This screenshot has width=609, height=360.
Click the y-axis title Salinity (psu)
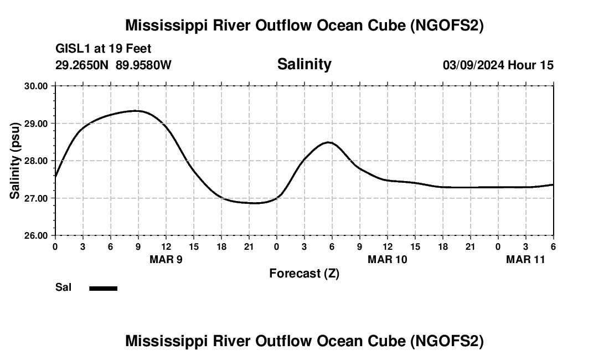(x=15, y=161)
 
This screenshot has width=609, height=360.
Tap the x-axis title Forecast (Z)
(x=304, y=273)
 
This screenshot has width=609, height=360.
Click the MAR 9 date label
(x=166, y=260)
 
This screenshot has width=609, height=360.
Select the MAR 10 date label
(x=388, y=260)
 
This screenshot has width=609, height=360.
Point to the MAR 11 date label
(x=525, y=260)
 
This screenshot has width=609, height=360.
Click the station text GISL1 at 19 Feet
(x=103, y=49)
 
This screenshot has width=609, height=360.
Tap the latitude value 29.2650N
(x=82, y=65)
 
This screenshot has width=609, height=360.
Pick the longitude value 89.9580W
(x=143, y=65)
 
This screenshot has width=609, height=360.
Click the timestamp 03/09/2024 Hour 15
(x=498, y=65)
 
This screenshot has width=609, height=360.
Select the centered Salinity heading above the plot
(x=304, y=64)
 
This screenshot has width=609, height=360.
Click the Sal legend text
(x=63, y=287)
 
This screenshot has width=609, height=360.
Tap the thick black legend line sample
(x=103, y=288)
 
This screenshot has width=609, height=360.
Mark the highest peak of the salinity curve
(x=136, y=111)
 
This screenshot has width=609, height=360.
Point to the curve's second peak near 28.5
(x=329, y=142)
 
